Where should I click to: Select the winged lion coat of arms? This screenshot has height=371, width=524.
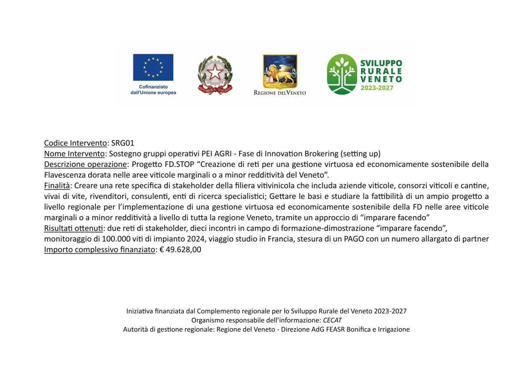[x=280, y=71]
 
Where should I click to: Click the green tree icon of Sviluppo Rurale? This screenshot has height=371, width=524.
[x=342, y=74]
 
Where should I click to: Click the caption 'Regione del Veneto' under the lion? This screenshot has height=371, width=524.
[x=280, y=93]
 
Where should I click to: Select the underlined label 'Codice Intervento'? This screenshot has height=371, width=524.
[x=76, y=143]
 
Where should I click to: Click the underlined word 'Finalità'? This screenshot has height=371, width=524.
[x=57, y=186]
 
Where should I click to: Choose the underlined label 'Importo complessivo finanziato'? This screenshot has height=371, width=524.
[x=100, y=250]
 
